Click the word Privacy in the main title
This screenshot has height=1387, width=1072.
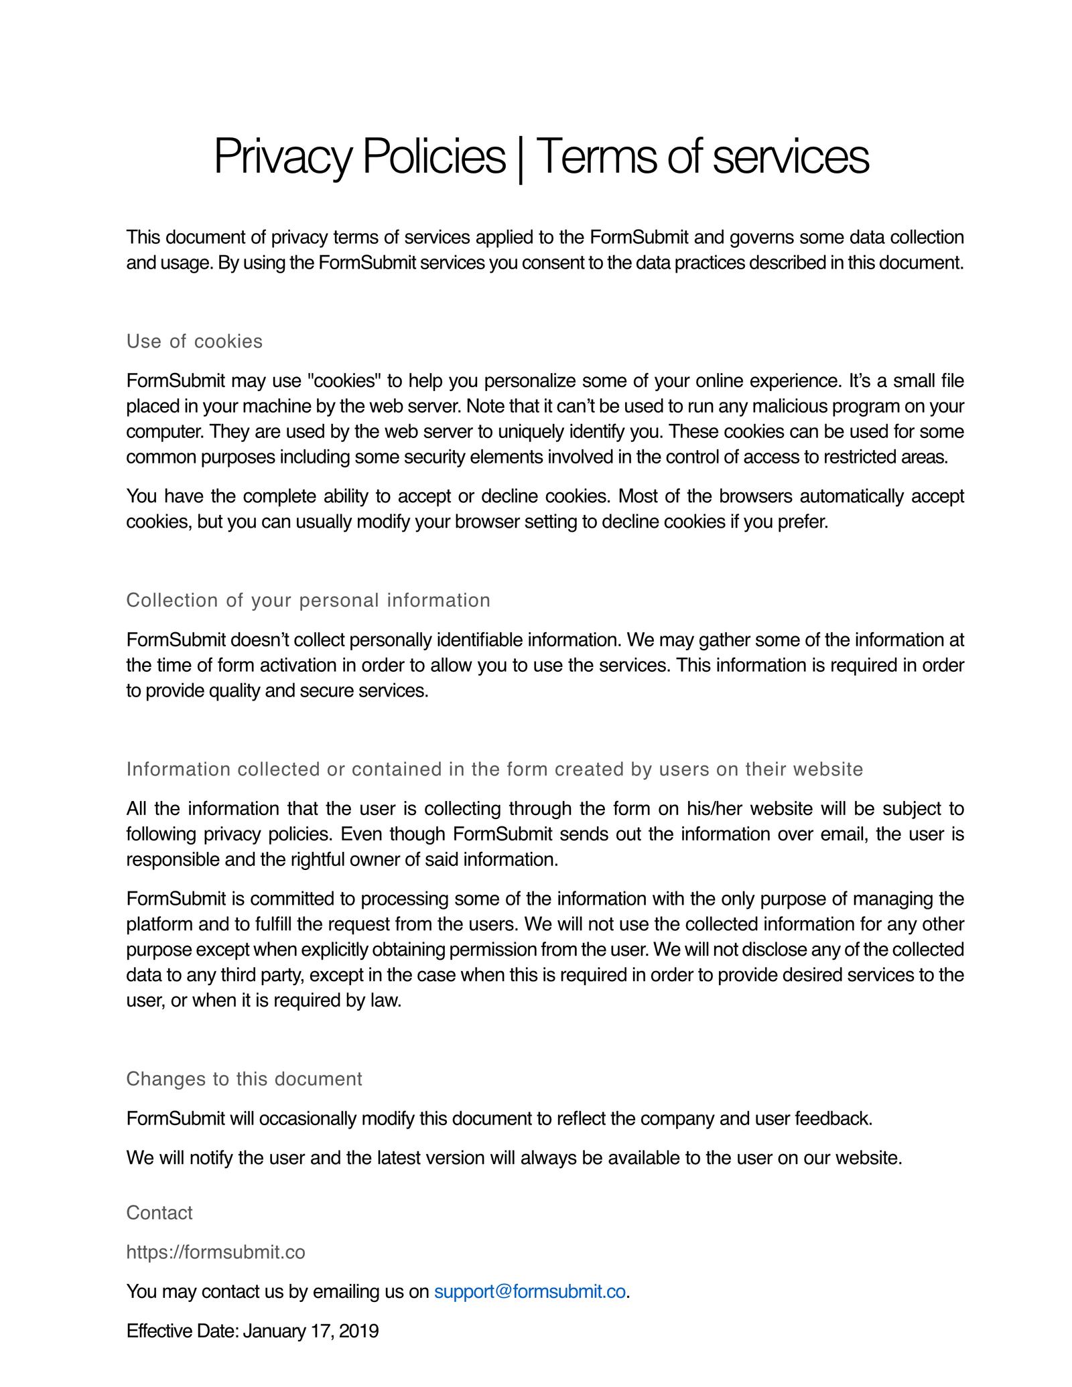(x=282, y=157)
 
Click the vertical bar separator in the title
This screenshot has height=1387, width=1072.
(x=521, y=158)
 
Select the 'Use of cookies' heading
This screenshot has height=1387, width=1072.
(x=194, y=342)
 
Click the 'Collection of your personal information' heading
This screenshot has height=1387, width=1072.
(x=308, y=600)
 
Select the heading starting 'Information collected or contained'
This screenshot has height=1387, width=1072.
(x=494, y=769)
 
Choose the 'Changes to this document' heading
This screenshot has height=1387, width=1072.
(x=244, y=1079)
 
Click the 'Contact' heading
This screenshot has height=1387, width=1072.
(x=159, y=1213)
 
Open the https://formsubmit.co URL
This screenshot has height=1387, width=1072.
(x=216, y=1252)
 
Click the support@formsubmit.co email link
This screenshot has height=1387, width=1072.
(x=530, y=1291)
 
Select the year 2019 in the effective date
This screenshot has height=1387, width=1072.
(x=359, y=1331)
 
